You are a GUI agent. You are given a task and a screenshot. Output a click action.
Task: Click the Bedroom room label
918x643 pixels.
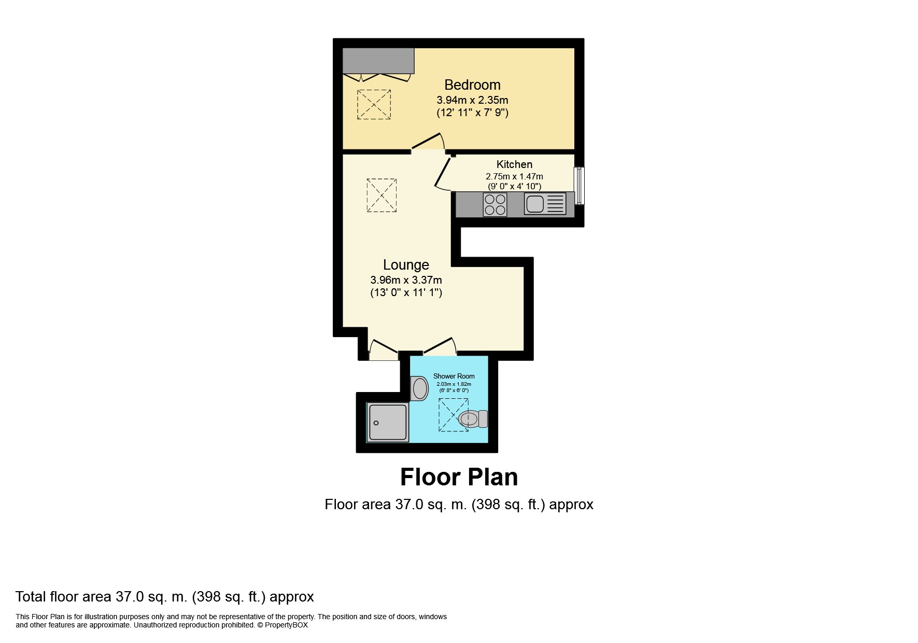click(472, 85)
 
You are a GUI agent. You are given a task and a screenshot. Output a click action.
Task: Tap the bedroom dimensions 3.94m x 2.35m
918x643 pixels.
click(472, 100)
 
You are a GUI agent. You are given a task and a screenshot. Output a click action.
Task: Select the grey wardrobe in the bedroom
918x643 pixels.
click(378, 61)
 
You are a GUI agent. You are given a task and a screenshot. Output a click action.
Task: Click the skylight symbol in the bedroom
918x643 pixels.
click(374, 104)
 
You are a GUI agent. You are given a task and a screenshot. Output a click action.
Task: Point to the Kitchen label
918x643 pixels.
click(514, 164)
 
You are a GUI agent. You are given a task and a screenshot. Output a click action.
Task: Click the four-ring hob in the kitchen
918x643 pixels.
click(495, 204)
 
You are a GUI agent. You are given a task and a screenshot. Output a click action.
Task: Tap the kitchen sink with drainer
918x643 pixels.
click(544, 204)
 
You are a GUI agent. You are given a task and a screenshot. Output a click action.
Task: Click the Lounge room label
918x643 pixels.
click(406, 265)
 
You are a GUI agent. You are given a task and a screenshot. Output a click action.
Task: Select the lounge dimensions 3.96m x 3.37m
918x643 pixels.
click(406, 280)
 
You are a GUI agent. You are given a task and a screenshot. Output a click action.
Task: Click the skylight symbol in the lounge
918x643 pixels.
click(382, 195)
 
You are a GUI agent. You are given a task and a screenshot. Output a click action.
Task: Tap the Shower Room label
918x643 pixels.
click(454, 376)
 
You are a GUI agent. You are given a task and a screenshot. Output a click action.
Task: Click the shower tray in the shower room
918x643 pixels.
click(387, 422)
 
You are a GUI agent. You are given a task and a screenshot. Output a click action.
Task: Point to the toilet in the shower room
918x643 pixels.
click(473, 418)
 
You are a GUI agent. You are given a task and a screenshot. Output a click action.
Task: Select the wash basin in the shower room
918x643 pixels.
click(419, 388)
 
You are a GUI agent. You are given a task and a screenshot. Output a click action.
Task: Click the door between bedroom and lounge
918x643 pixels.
click(428, 142)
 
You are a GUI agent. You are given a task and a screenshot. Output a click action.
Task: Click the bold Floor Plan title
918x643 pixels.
click(459, 477)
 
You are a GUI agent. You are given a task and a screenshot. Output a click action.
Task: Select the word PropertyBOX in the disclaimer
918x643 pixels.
click(286, 625)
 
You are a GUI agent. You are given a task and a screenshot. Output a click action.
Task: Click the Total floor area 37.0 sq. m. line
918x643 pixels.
click(164, 597)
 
